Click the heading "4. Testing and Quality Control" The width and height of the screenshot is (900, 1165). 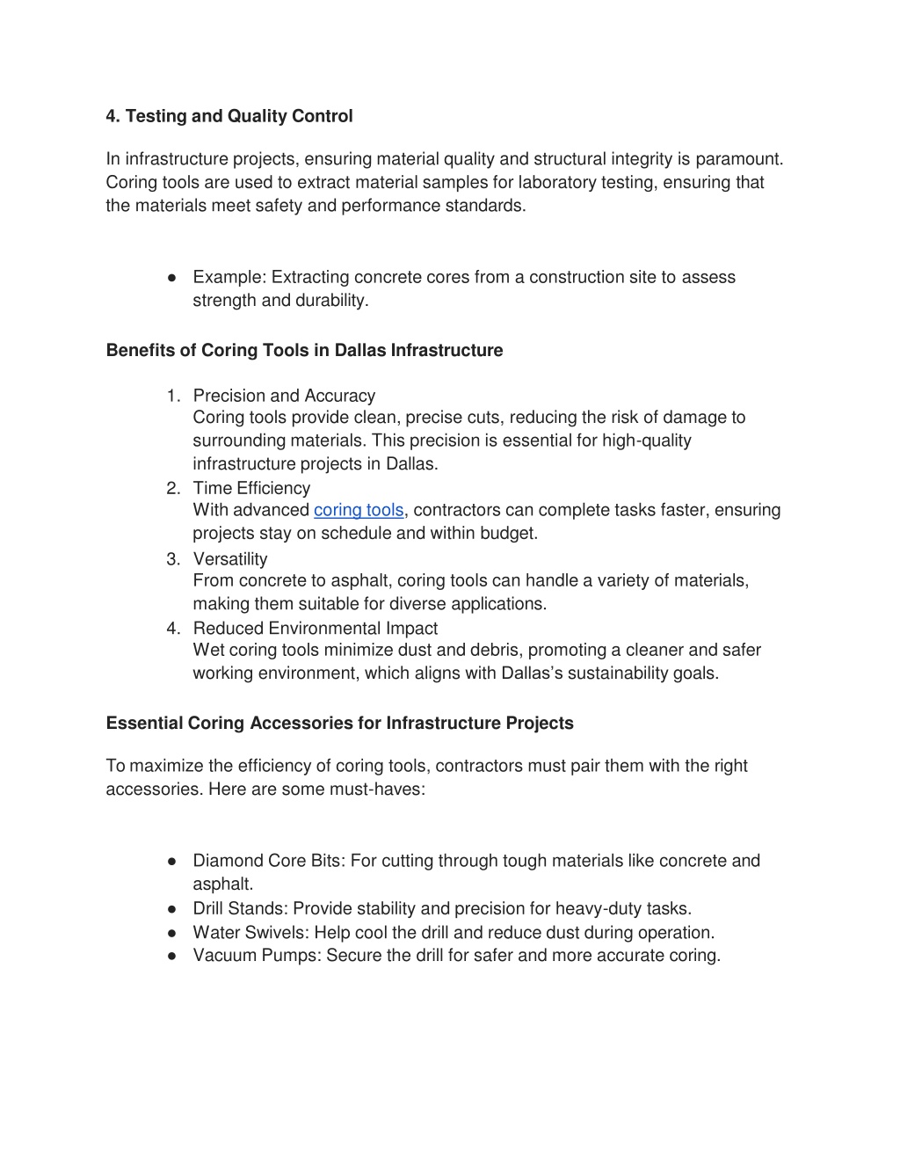[x=229, y=116]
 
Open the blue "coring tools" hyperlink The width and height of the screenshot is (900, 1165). [x=359, y=510]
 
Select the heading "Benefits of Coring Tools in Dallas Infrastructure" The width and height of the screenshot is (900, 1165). [x=304, y=350]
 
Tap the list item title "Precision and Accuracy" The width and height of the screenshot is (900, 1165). [x=284, y=396]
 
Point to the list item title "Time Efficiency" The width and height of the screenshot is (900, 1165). [x=251, y=488]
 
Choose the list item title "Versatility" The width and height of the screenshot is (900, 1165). [x=230, y=559]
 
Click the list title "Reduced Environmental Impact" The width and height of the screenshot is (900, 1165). [x=315, y=629]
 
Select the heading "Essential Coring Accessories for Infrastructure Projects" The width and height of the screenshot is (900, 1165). [x=339, y=723]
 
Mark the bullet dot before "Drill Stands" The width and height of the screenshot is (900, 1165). [x=174, y=908]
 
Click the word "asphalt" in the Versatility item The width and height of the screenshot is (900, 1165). [x=361, y=581]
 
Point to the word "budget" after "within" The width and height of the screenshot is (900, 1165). [x=507, y=533]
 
